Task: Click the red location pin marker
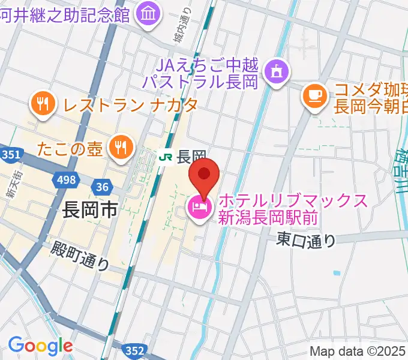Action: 204,175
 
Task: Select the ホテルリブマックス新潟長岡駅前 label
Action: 292,208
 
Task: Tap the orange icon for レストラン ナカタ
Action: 42,104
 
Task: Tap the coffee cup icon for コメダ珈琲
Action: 314,94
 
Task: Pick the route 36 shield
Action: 103,187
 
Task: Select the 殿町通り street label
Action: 80,255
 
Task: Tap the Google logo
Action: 40,346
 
